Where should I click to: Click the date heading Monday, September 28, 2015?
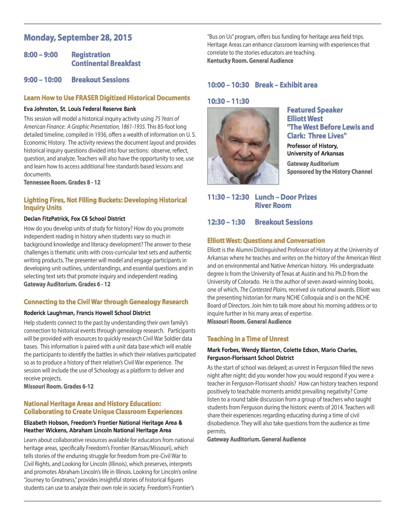[x=78, y=38]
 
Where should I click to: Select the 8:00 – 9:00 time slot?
[x=41, y=55]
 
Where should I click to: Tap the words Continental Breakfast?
[x=106, y=64]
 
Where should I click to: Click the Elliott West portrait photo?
[x=243, y=146]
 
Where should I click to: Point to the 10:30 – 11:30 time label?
[x=228, y=101]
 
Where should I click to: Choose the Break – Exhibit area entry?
[x=286, y=85]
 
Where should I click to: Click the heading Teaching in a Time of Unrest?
[x=248, y=339]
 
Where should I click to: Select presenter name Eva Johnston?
[x=40, y=109]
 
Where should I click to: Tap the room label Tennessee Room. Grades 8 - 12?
[x=62, y=183]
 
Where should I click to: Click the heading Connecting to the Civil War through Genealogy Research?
[x=106, y=302]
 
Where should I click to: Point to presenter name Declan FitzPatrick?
[x=46, y=219]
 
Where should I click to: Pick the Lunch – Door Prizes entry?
[x=286, y=197]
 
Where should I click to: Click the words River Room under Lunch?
[x=273, y=206]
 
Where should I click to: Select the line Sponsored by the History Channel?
[x=330, y=172]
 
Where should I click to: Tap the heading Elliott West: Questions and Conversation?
[x=266, y=241]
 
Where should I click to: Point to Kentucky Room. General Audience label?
[x=250, y=61]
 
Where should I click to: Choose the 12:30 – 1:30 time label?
[x=226, y=222]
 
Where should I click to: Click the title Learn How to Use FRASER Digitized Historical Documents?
[x=107, y=98]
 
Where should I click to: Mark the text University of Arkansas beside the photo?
[x=315, y=154]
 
